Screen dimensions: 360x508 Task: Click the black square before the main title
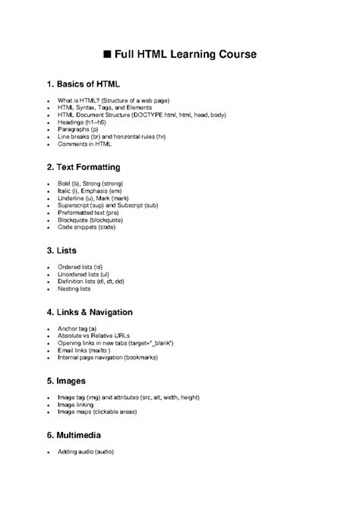pyautogui.click(x=107, y=55)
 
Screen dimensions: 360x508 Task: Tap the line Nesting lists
pyautogui.click(x=74, y=289)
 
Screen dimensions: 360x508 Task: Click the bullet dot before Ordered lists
pyautogui.click(x=48, y=268)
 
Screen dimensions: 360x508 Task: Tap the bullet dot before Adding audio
pyautogui.click(x=48, y=453)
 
